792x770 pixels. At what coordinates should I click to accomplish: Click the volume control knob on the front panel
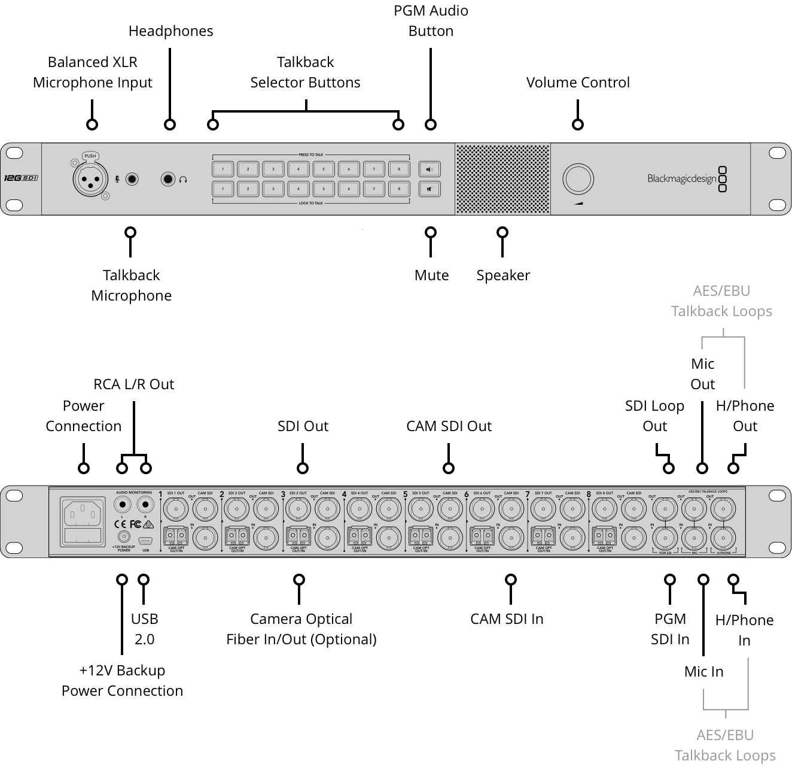(578, 179)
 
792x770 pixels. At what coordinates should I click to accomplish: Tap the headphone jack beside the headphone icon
(169, 178)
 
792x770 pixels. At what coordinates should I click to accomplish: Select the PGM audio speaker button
(429, 169)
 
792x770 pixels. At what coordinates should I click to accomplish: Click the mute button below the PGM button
(429, 189)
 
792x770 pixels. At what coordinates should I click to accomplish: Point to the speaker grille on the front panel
(502, 178)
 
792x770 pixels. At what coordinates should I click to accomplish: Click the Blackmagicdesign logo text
(681, 178)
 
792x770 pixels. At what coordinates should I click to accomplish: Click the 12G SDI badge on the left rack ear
(21, 178)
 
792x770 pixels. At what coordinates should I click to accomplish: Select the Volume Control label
(578, 83)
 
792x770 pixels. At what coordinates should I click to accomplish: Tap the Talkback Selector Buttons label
(305, 72)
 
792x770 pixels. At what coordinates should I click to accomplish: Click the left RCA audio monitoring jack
(123, 504)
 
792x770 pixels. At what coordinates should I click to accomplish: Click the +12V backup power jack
(124, 536)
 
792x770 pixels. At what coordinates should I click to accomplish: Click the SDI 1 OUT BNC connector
(176, 510)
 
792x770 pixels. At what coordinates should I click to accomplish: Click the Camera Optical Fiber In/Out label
(301, 629)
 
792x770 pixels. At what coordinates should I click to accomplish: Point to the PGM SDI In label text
(670, 629)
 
